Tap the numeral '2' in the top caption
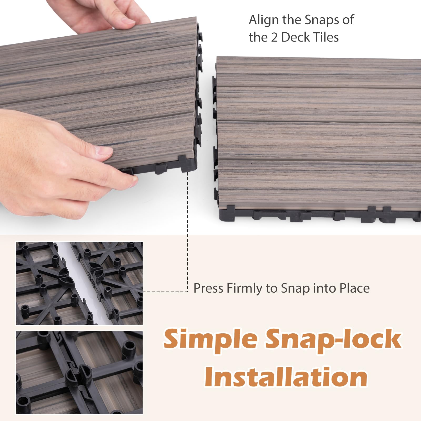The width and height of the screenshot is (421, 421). pyautogui.click(x=274, y=37)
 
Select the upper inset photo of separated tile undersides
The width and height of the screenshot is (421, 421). pyautogui.click(x=79, y=283)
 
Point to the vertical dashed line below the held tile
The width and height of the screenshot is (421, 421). pyautogui.click(x=188, y=232)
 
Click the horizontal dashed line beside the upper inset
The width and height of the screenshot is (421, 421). pyautogui.click(x=166, y=292)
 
